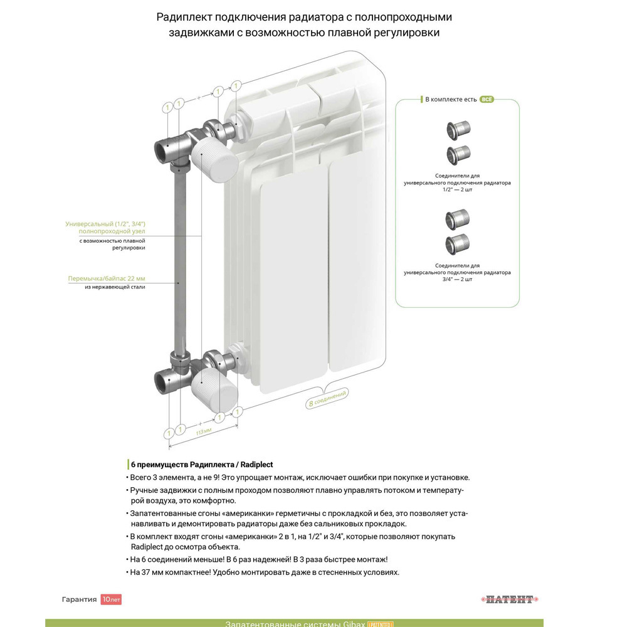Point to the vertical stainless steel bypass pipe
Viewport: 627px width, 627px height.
point(179,263)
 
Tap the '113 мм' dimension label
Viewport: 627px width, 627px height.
point(204,432)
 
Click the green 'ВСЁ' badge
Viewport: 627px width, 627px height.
point(487,99)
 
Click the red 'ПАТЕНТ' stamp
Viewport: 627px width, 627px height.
point(510,599)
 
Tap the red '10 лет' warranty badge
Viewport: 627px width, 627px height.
point(111,599)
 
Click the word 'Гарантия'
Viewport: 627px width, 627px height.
point(79,599)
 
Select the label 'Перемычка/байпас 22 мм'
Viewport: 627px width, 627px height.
point(107,278)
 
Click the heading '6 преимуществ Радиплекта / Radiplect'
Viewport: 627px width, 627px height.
point(201,465)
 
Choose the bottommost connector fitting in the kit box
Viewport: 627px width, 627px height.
point(457,245)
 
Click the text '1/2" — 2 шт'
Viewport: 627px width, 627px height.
point(457,189)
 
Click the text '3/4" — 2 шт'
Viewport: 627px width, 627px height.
point(457,279)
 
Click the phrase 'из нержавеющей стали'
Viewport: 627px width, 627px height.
point(114,287)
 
